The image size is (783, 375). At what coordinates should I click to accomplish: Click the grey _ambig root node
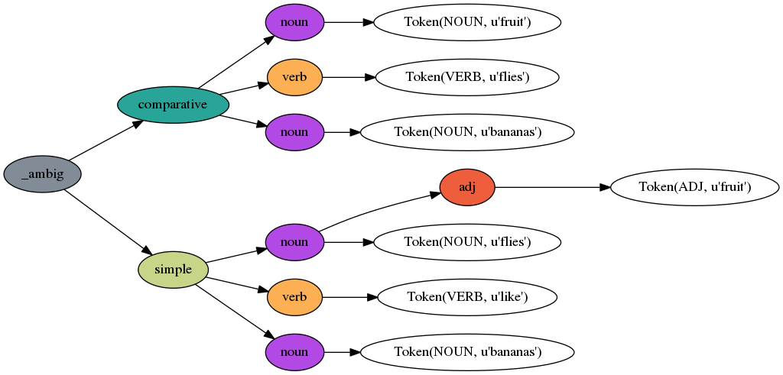(43, 174)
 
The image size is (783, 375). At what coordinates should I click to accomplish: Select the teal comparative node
(174, 105)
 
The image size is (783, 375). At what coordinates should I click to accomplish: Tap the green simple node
(174, 270)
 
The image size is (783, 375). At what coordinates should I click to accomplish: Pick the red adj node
(467, 187)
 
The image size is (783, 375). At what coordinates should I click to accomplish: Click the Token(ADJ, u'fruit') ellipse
(694, 187)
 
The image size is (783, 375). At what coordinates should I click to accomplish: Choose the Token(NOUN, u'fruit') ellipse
(467, 22)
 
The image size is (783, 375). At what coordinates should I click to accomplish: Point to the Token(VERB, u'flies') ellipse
(467, 77)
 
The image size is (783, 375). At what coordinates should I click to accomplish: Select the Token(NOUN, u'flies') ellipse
(467, 242)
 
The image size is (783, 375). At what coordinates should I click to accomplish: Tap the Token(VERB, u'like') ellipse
(467, 297)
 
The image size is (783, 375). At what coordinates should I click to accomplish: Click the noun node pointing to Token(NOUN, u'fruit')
(294, 22)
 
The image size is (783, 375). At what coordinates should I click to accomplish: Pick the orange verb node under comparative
(294, 77)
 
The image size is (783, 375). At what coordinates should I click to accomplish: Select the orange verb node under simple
(294, 297)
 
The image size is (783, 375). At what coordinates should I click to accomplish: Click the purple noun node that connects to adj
(294, 242)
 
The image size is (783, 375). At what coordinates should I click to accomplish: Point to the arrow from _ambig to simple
(107, 222)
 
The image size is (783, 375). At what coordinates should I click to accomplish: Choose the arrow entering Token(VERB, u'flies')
(349, 77)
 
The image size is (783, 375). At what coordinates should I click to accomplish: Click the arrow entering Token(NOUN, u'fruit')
(348, 22)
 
